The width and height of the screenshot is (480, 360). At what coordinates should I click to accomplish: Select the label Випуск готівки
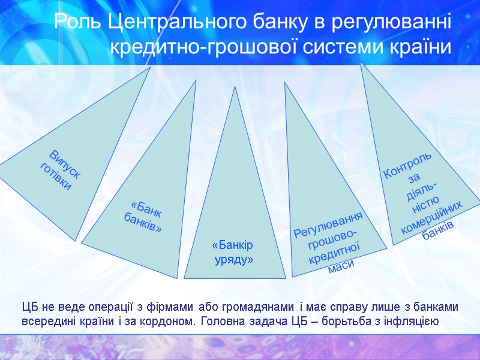(60, 170)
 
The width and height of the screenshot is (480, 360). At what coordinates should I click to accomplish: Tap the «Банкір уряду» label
(233, 253)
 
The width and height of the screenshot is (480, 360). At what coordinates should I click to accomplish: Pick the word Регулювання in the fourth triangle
(329, 222)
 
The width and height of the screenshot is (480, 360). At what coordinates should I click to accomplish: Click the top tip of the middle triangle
(235, 88)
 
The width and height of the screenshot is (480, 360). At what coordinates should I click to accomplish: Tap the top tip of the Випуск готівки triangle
(149, 68)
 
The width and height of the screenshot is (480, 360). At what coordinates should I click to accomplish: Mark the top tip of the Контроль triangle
(361, 64)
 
